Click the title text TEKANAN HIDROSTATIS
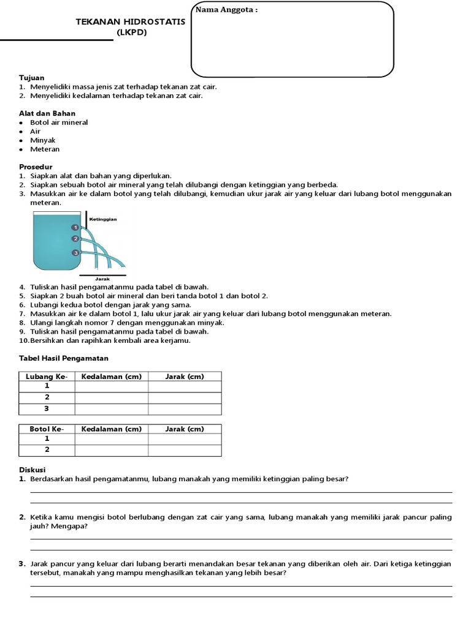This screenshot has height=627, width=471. tap(130, 22)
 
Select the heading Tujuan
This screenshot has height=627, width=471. tap(31, 78)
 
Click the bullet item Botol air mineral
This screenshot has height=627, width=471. tap(59, 122)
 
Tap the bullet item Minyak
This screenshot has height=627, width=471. tap(43, 140)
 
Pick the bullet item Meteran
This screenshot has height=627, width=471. tap(45, 149)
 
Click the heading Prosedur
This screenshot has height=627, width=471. tap(36, 167)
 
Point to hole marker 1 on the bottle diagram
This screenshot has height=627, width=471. tap(75, 227)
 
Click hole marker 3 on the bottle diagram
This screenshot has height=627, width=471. tap(75, 252)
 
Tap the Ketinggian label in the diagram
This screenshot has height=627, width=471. tap(103, 219)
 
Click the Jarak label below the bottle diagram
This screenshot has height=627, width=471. tap(93, 279)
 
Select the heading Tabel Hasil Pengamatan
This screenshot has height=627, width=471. tap(64, 358)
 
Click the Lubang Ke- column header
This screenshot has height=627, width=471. tap(47, 377)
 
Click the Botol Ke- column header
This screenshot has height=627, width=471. tap(47, 429)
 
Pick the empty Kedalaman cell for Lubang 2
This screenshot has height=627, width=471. tap(112, 397)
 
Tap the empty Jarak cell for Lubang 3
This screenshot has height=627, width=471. tap(185, 408)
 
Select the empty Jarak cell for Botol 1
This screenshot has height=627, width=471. tap(185, 440)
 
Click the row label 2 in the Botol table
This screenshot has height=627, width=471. tap(47, 450)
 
